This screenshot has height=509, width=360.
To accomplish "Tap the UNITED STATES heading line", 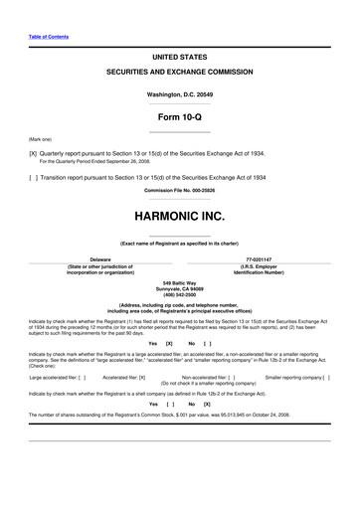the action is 179,59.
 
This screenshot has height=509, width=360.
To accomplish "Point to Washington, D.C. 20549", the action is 179,93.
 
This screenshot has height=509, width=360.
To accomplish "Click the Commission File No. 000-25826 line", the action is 179,190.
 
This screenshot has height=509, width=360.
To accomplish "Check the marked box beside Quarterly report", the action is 33,154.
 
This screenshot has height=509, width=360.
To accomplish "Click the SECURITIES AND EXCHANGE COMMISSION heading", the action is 179,75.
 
